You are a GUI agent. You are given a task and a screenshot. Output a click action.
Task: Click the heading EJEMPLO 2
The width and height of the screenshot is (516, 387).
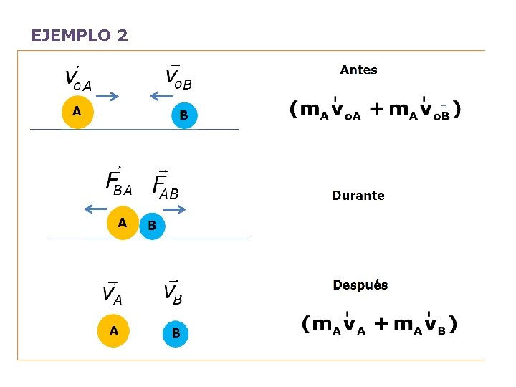point(80,35)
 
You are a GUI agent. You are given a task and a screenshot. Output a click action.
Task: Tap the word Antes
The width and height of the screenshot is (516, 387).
point(358,70)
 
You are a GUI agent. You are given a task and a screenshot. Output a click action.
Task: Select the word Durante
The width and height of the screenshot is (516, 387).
point(358,196)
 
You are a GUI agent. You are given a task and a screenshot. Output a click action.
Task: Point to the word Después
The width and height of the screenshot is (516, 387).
point(360,285)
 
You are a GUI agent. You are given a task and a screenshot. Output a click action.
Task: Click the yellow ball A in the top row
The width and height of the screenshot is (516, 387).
point(77,112)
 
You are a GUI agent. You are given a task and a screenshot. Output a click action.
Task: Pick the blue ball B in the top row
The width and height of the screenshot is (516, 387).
point(183,115)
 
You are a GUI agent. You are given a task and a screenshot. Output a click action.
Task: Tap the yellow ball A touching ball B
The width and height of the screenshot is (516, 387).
point(123,224)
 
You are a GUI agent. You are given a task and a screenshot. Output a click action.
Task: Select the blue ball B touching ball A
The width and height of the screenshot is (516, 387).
point(152,226)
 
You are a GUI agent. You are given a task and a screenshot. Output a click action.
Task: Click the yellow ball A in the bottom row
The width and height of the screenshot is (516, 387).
point(114,331)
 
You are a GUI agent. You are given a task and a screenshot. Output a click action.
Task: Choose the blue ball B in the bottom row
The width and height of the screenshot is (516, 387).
point(176,333)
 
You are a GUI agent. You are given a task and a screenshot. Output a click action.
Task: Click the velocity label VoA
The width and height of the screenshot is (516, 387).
point(77,77)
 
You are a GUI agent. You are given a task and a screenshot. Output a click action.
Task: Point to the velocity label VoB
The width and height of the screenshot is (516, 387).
point(178,76)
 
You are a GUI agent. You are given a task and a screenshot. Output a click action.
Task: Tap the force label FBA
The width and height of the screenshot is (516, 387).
point(118,182)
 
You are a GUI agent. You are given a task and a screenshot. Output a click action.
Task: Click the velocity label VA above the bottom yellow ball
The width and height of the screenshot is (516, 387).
point(113,292)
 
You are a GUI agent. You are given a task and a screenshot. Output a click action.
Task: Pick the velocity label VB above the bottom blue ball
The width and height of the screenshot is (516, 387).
point(173,291)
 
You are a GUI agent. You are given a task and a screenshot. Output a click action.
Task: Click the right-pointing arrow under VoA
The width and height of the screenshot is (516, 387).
point(107,97)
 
